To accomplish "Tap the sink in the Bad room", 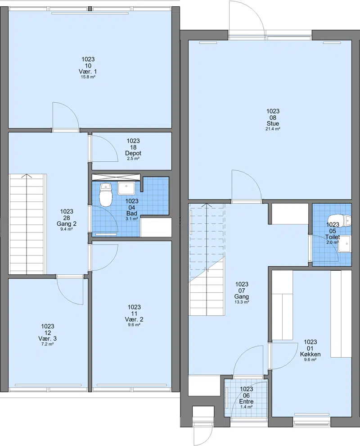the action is pos(126,189).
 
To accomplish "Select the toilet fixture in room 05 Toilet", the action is pos(340,220).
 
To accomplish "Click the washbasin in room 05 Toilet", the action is pos(345,244).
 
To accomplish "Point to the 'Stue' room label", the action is pos(273,123).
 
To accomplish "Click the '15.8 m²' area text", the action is pos(88,77).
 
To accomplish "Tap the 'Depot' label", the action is pos(133,153).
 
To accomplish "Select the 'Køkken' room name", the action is pos(310,354).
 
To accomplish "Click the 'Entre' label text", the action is pos(246,402).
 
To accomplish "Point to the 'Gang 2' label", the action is pos(67,224).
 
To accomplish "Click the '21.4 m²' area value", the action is pos(273,129).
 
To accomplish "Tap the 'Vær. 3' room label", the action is pos(47,338).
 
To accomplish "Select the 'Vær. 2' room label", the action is pos(134,319).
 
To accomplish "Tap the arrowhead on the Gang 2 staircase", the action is pos(27,175).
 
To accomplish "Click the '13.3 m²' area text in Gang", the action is pos(242,302).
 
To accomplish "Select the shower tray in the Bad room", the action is pos(116,177).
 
